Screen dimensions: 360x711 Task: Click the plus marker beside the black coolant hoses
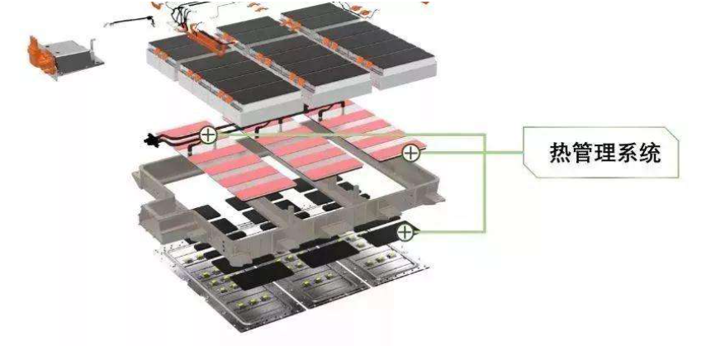208,134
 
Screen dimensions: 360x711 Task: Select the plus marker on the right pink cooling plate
410,153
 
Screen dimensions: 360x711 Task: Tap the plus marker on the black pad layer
405,233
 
